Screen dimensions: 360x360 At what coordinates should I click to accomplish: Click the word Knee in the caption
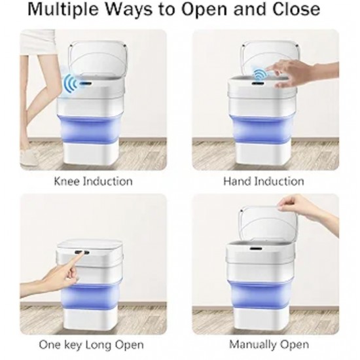click(x=67, y=181)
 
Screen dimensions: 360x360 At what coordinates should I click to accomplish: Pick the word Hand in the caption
click(x=238, y=181)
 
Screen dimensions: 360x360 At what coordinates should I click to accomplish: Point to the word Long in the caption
click(x=99, y=345)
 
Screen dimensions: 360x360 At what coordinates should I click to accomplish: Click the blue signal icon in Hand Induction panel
click(x=259, y=74)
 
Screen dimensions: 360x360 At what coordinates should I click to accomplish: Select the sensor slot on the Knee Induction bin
click(x=86, y=83)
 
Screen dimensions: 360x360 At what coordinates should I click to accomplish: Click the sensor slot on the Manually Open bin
click(x=256, y=249)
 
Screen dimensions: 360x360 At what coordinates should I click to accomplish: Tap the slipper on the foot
click(x=28, y=156)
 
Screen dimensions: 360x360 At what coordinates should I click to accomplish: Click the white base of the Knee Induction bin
click(x=90, y=153)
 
